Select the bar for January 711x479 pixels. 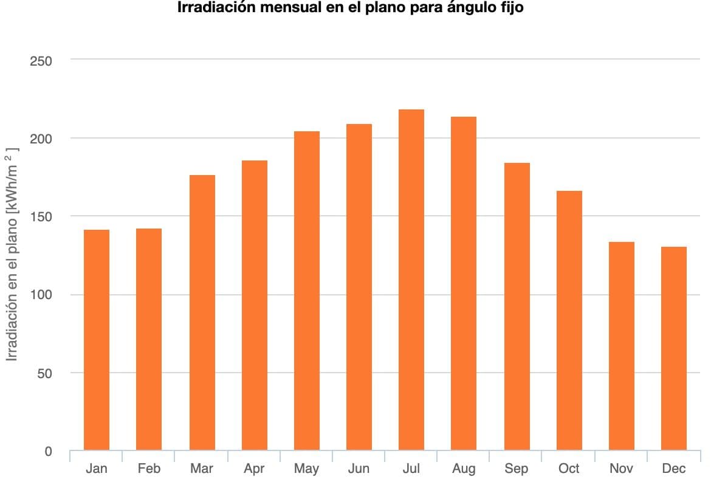click(x=97, y=340)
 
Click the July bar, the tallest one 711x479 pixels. click(x=411, y=280)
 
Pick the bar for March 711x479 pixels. click(x=202, y=312)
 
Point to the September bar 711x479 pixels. click(x=517, y=306)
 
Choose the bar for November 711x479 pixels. click(x=622, y=346)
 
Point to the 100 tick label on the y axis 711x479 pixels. click(x=41, y=295)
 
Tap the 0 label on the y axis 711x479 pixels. click(x=48, y=451)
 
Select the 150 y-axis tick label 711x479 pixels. click(x=41, y=217)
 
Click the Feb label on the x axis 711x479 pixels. click(x=149, y=469)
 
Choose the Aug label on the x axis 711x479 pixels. click(x=464, y=469)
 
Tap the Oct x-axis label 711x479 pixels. click(x=569, y=469)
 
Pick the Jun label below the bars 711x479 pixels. click(x=359, y=469)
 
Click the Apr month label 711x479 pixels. click(x=254, y=469)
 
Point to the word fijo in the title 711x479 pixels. click(x=511, y=9)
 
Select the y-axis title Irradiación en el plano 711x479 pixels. click(x=12, y=256)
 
